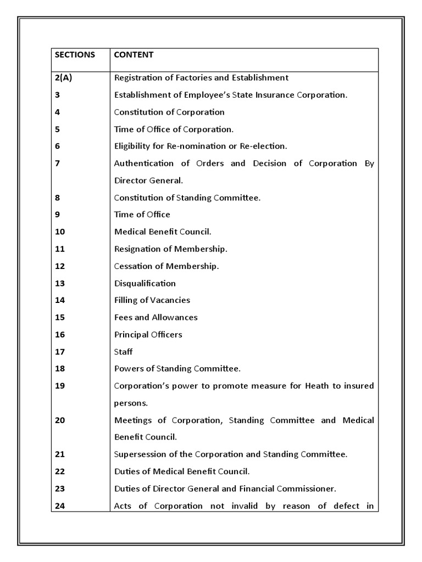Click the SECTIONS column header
tap(75, 55)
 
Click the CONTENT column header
tap(134, 55)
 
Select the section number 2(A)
tap(63, 78)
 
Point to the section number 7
tap(58, 164)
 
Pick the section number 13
tap(60, 283)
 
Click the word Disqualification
tap(145, 283)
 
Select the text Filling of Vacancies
tap(152, 300)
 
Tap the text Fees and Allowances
tap(156, 317)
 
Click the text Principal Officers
tap(148, 334)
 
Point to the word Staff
tap(123, 351)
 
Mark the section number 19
tap(60, 386)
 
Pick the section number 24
tap(60, 506)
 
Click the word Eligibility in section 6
tap(133, 147)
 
